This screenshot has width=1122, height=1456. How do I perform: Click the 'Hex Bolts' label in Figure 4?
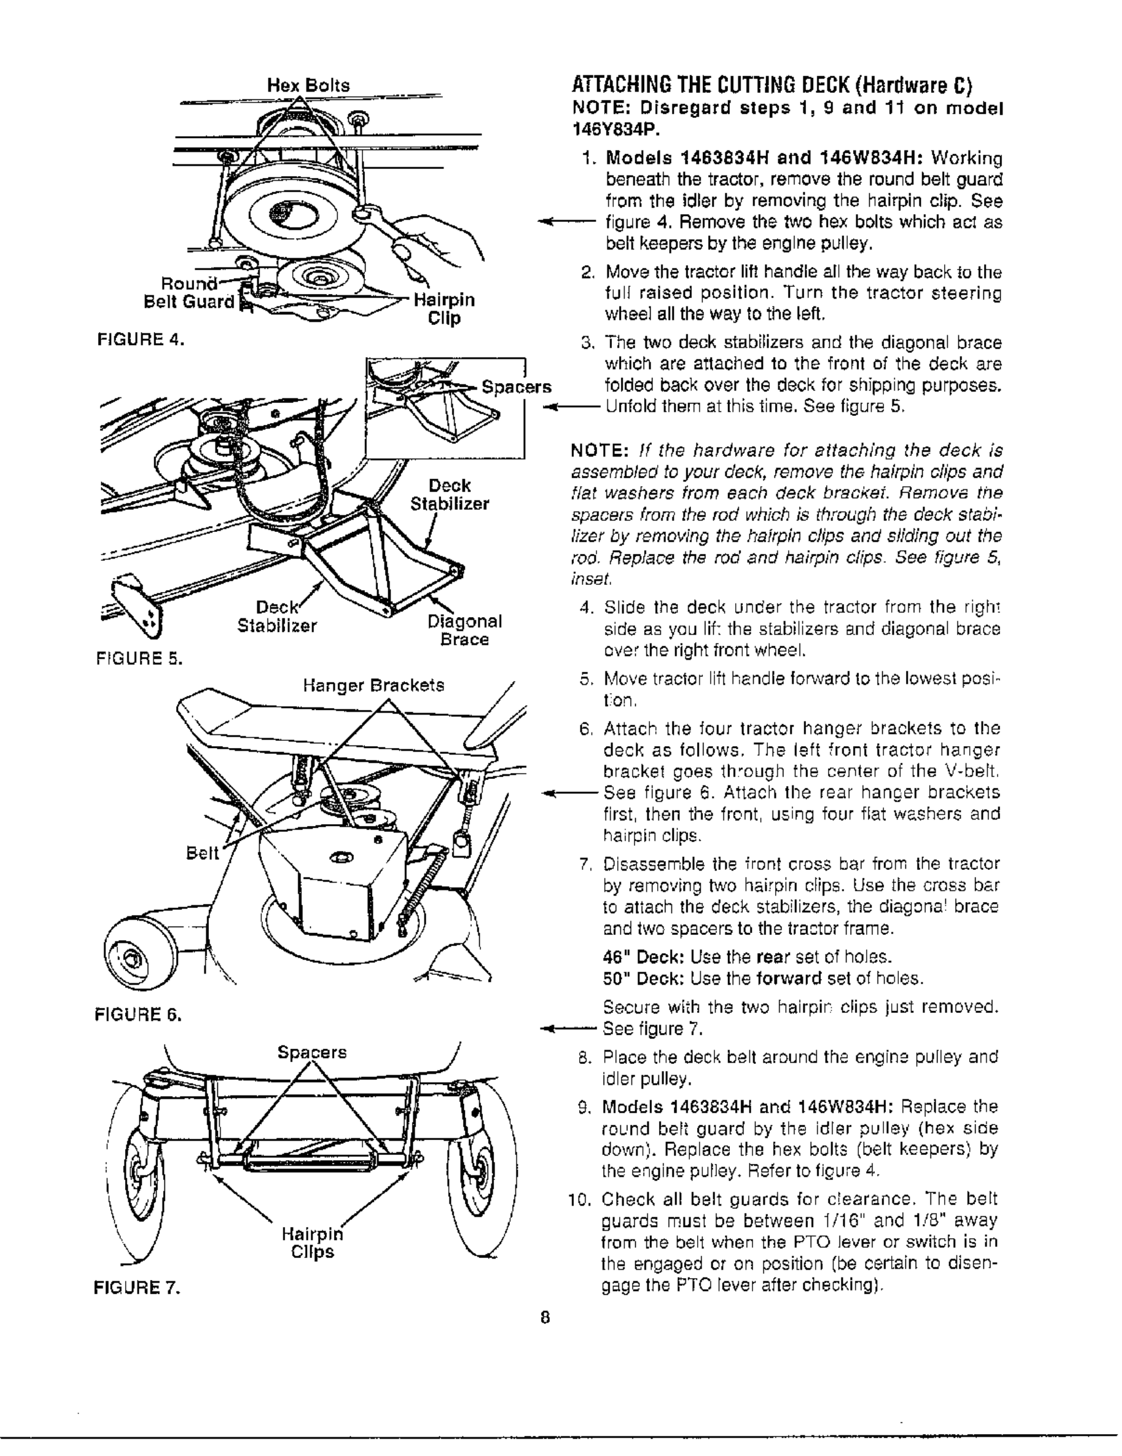click(308, 85)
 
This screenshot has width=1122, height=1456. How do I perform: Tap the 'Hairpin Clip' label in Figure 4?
click(444, 309)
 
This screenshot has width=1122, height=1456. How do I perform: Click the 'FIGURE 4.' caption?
click(139, 340)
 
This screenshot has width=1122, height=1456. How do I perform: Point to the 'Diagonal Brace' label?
click(464, 630)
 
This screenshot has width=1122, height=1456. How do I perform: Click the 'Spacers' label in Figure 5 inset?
click(516, 388)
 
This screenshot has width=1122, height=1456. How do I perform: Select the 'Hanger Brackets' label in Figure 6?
click(373, 685)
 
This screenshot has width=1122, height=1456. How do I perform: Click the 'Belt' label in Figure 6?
click(202, 853)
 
